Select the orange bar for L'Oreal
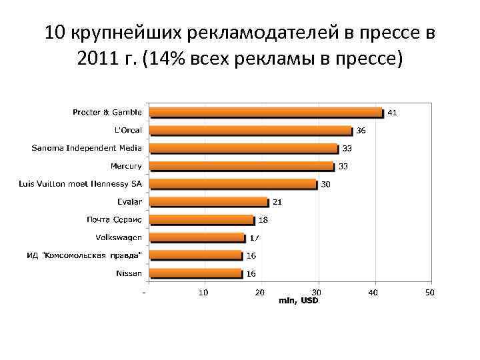pos(251,131)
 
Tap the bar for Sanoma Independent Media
pos(243,148)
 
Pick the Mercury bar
pos(241,166)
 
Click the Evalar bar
pos(208,202)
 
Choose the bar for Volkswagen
pos(197,237)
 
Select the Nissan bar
pos(195,273)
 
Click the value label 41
pos(392,113)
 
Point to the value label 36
pos(361,131)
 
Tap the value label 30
pos(325,184)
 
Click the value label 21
pos(277,202)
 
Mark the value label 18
pos(263,219)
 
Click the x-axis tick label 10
pos(203,293)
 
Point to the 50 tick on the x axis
pos(430,293)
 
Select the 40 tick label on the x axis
pos(373,293)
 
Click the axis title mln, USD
pos(298,301)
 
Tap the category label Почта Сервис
pos(113,219)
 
